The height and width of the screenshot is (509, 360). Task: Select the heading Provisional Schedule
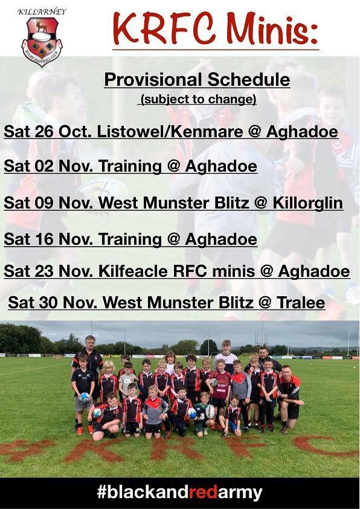[197, 80]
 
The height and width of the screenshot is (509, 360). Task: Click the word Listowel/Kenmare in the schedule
[170, 131]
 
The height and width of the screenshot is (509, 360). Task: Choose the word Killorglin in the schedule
[307, 203]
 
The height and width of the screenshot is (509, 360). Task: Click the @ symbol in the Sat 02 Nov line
[173, 166]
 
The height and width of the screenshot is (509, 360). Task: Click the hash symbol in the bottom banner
[101, 492]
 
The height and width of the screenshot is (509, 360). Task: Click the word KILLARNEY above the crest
[42, 12]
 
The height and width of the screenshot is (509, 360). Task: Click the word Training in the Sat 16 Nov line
[130, 239]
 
